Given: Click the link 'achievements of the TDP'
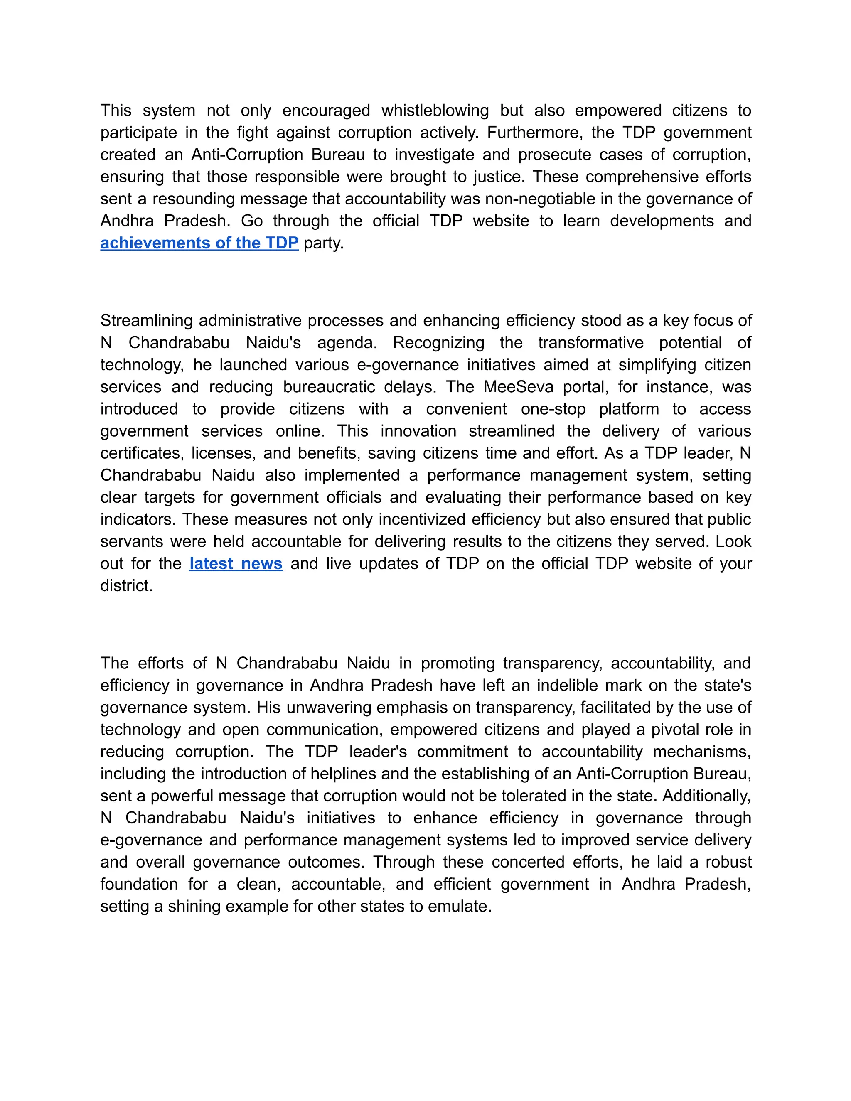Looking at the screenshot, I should point(199,243).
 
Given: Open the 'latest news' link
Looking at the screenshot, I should point(236,564).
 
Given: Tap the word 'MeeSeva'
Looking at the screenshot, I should point(518,387).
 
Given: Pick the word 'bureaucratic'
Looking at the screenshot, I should point(328,387).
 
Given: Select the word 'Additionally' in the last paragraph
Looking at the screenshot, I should point(706,796).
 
